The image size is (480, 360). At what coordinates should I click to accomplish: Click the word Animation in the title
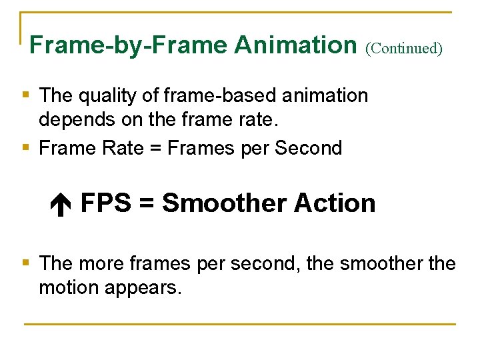click(x=295, y=45)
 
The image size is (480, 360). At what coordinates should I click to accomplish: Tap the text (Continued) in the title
click(x=404, y=48)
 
